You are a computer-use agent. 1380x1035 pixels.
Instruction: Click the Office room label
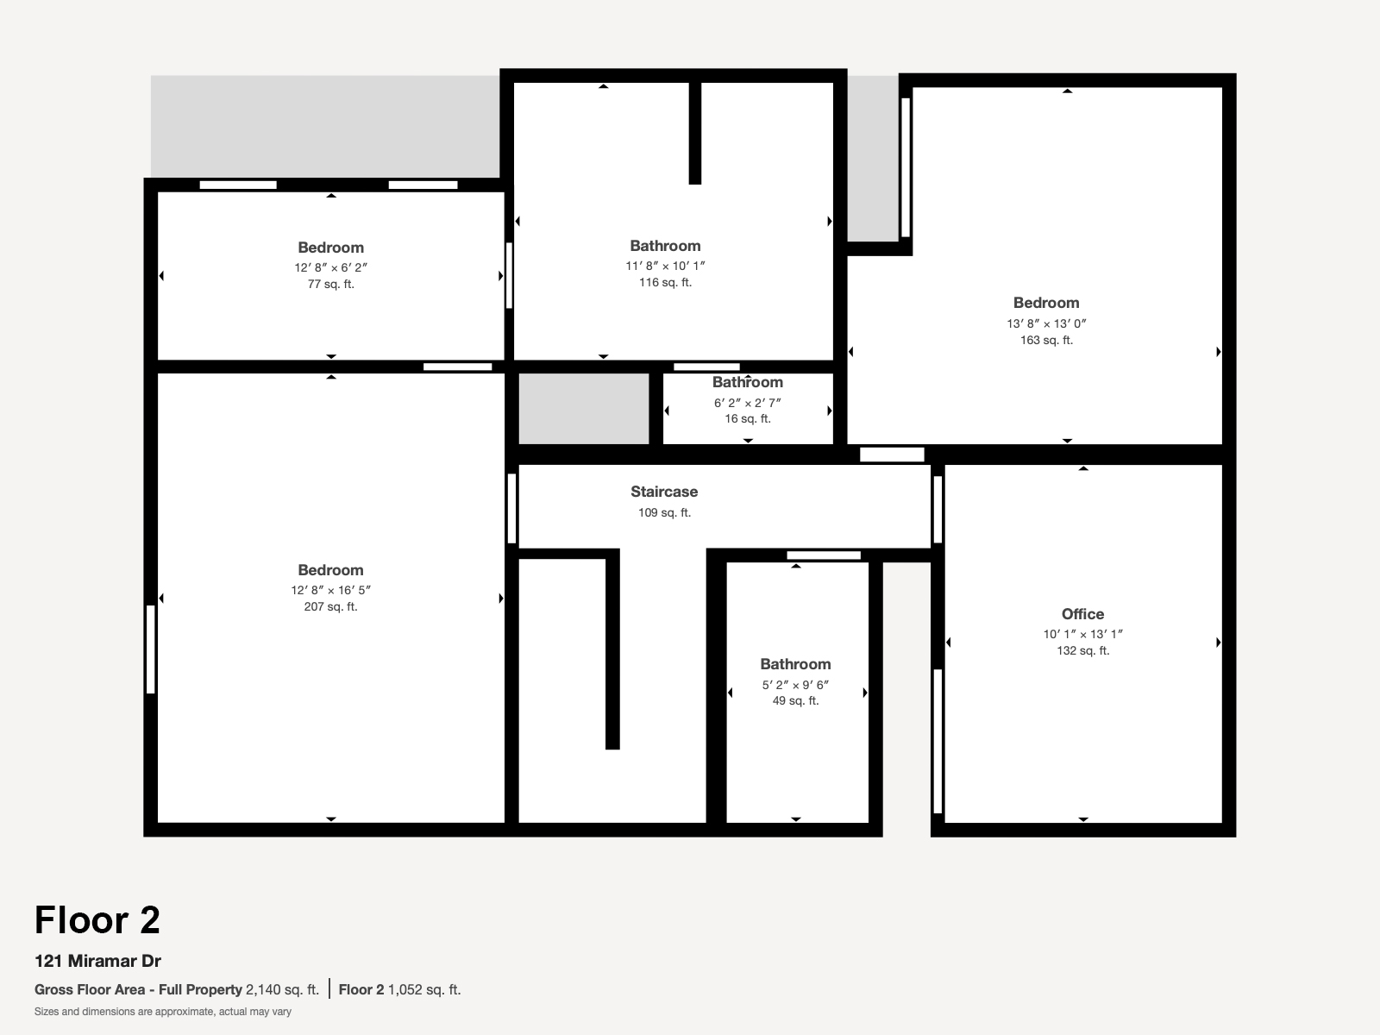1082,614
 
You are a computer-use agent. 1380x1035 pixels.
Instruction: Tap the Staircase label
664,492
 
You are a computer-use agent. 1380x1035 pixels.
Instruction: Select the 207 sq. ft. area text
330,606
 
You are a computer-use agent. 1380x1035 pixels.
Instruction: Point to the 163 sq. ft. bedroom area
1046,340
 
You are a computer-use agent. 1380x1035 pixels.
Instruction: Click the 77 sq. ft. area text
330,284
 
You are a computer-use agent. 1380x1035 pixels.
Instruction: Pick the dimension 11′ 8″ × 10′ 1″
665,266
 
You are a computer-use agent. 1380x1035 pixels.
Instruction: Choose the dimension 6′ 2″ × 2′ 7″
748,403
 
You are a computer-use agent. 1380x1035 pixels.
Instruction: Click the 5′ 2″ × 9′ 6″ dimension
795,685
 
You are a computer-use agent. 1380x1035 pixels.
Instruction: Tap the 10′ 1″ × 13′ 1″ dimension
1082,634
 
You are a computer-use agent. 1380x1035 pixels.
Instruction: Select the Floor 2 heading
97,920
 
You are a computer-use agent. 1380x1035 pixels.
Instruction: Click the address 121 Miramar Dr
97,961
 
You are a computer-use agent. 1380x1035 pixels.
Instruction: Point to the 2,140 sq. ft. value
282,989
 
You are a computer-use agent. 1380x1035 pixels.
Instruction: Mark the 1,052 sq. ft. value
424,989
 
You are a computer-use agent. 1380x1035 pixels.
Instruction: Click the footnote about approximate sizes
163,1012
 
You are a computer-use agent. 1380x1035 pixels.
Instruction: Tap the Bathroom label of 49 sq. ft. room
795,664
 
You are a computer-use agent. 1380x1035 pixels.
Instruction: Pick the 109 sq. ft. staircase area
664,512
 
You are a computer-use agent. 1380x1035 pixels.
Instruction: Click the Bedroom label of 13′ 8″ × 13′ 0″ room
1046,303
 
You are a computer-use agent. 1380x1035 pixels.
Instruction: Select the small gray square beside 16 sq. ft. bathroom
583,409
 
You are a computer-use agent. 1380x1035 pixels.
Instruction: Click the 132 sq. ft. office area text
1082,650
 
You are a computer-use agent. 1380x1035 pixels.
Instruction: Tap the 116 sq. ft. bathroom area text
665,282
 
